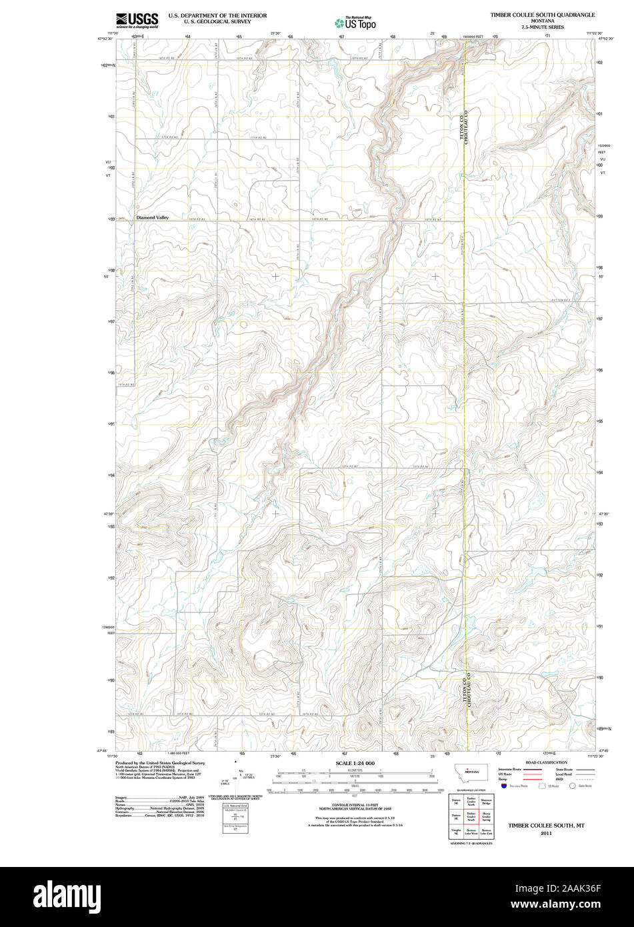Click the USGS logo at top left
click(137, 20)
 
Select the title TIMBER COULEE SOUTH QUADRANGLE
click(543, 14)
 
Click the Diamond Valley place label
click(153, 217)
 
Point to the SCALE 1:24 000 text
click(355, 763)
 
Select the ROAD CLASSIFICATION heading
click(546, 762)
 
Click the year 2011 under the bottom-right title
click(546, 833)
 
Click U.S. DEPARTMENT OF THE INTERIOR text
click(217, 15)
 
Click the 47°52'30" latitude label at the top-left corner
click(105, 39)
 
